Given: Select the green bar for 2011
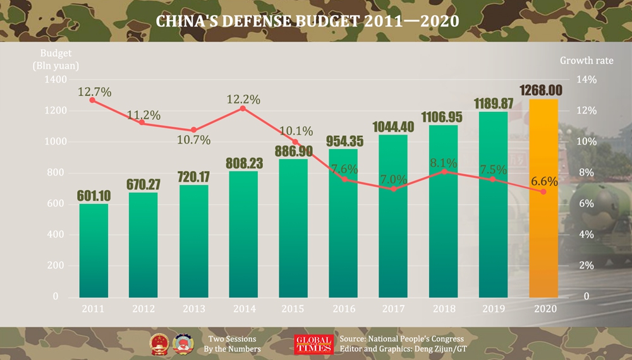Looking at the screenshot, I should click(94, 253).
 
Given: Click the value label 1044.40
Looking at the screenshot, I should click(393, 127).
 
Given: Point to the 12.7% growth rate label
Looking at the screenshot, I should click(95, 92).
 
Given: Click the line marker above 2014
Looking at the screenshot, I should click(243, 109).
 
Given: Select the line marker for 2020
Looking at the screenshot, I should click(543, 191).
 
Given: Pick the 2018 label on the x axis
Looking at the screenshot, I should click(443, 309).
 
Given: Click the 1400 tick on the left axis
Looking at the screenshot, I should click(55, 80).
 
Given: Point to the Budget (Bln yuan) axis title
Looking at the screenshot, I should click(56, 59).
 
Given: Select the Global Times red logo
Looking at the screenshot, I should click(313, 344).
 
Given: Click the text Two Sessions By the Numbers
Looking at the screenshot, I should click(232, 344).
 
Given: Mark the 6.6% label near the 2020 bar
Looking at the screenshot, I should click(544, 181).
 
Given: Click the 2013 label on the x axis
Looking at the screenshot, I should click(193, 309).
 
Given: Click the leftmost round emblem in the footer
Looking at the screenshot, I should click(158, 343).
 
